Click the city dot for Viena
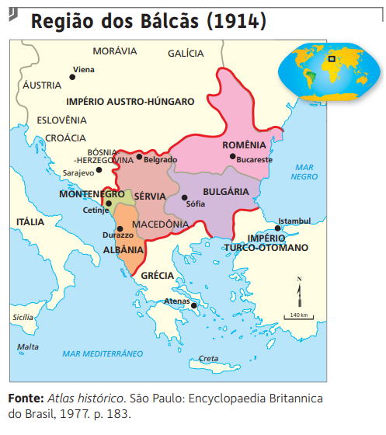point(69,70)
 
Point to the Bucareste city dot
point(232,156)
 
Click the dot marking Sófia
point(184,197)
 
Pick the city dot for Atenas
point(194,305)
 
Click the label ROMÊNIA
point(244,145)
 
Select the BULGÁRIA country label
point(225,191)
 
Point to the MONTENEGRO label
point(92,194)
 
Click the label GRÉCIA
point(157,275)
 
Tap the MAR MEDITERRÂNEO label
point(104,353)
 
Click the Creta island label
point(208,358)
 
